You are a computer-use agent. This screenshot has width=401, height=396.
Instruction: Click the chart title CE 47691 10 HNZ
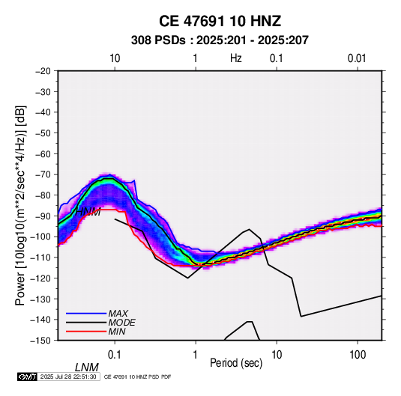pos(220,21)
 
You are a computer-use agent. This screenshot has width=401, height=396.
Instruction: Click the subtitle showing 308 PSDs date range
pos(220,40)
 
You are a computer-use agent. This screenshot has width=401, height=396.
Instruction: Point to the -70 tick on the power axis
pos(43,174)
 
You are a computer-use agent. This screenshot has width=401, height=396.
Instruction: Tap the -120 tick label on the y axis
pos(40,278)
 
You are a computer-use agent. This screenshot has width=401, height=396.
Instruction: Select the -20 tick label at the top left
pos(43,71)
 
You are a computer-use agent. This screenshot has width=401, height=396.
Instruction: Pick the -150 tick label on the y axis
pos(40,341)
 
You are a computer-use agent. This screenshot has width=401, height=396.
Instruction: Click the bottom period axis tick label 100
pos(358,355)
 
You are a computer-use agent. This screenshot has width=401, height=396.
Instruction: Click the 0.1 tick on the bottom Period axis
pos(115,355)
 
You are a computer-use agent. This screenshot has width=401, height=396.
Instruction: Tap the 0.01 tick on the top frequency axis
pos(357,58)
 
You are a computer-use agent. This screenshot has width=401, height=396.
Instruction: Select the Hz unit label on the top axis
pos(236,58)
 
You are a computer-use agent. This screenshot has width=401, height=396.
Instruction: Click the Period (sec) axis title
pos(236,363)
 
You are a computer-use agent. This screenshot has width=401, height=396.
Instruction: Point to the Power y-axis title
pos(20,206)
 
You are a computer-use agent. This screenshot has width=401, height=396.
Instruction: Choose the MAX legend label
pos(118,314)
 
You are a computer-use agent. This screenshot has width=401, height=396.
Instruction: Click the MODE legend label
pos(121,323)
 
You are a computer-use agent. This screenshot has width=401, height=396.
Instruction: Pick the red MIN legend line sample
pos(86,332)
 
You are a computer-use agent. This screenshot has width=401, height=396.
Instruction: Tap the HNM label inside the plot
pos(88,212)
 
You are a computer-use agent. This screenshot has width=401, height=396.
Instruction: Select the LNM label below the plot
pos(87,368)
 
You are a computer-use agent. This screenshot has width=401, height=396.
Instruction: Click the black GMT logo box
pos(28,377)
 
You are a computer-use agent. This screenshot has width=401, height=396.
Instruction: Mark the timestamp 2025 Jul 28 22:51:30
pos(68,377)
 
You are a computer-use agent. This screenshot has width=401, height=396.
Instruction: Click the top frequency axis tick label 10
pos(115,58)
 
